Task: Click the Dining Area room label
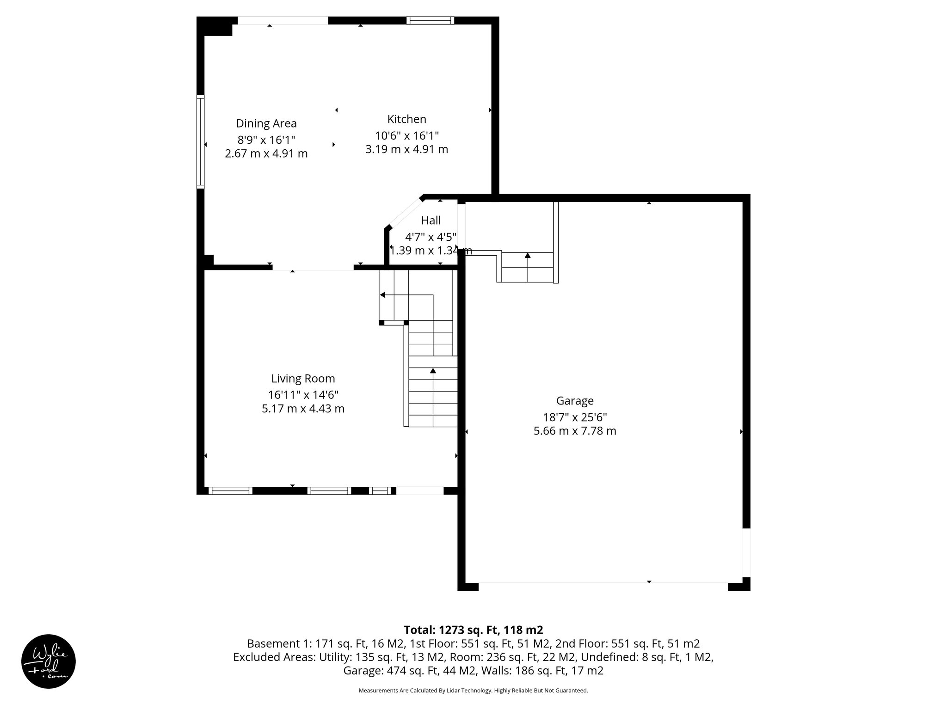point(266,123)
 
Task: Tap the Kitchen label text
point(406,119)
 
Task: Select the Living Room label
point(303,379)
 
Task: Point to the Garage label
point(575,401)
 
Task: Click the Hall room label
point(430,220)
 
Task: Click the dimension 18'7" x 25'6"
point(575,417)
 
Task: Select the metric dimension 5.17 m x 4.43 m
point(303,409)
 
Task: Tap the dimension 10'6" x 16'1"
point(406,136)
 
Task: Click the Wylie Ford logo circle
point(49,661)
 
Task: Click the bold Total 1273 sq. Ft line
point(473,630)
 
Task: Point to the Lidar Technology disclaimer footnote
point(473,691)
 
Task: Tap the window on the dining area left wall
point(200,141)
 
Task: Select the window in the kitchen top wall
point(430,20)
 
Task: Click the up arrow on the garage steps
point(528,255)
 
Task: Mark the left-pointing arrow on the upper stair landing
point(383,295)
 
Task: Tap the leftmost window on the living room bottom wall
point(230,491)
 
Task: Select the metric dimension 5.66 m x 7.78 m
point(575,431)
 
